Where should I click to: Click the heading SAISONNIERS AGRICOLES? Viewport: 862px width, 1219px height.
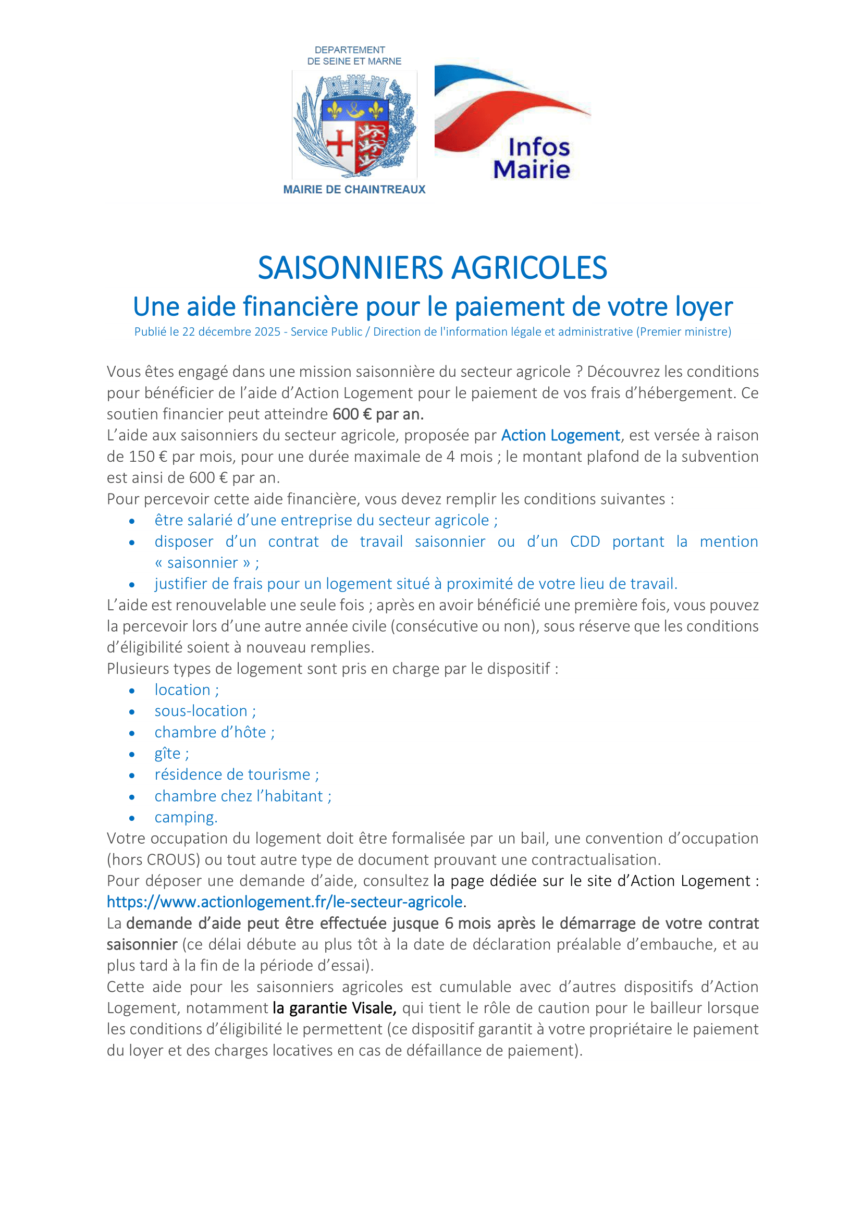[x=432, y=267]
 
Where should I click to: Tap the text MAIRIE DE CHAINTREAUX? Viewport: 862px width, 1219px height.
[x=354, y=190]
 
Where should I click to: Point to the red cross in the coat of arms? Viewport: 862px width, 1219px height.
[x=339, y=143]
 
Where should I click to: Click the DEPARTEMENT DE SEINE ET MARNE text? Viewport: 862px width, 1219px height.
[x=354, y=55]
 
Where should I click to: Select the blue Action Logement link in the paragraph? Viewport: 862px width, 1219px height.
[x=561, y=435]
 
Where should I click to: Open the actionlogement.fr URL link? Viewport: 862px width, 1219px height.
[x=285, y=902]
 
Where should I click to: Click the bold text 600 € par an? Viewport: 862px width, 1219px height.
[x=378, y=414]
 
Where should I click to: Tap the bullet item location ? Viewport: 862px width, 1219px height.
[x=186, y=689]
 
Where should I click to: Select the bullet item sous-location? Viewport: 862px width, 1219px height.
[x=205, y=711]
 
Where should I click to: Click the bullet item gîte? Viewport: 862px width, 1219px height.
[x=171, y=754]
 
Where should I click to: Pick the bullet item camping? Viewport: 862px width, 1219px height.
[x=186, y=817]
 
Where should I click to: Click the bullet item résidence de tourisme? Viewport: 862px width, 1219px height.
[x=236, y=774]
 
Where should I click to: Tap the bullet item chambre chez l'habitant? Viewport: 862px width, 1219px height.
[x=242, y=796]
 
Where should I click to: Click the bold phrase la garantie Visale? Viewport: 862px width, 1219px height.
[x=335, y=1008]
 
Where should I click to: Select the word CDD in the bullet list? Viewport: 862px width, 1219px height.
[x=584, y=541]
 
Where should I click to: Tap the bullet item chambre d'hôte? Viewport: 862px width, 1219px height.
[x=214, y=732]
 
